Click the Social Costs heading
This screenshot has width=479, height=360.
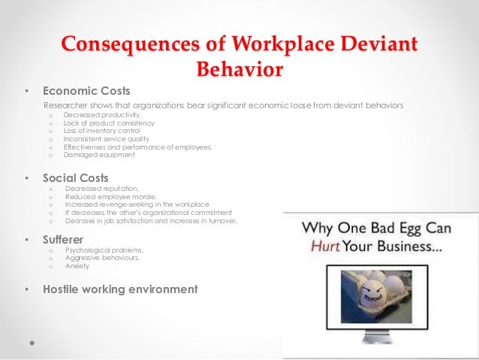[75, 178]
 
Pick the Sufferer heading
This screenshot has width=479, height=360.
[65, 240]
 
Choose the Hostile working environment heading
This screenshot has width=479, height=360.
[120, 289]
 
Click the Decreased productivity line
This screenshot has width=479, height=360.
[102, 115]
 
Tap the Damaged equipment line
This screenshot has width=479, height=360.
[99, 155]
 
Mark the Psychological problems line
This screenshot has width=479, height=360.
[104, 250]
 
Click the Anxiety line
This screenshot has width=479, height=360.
[77, 265]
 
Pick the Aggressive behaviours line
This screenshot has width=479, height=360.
[101, 258]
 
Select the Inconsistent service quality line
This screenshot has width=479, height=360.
[107, 139]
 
